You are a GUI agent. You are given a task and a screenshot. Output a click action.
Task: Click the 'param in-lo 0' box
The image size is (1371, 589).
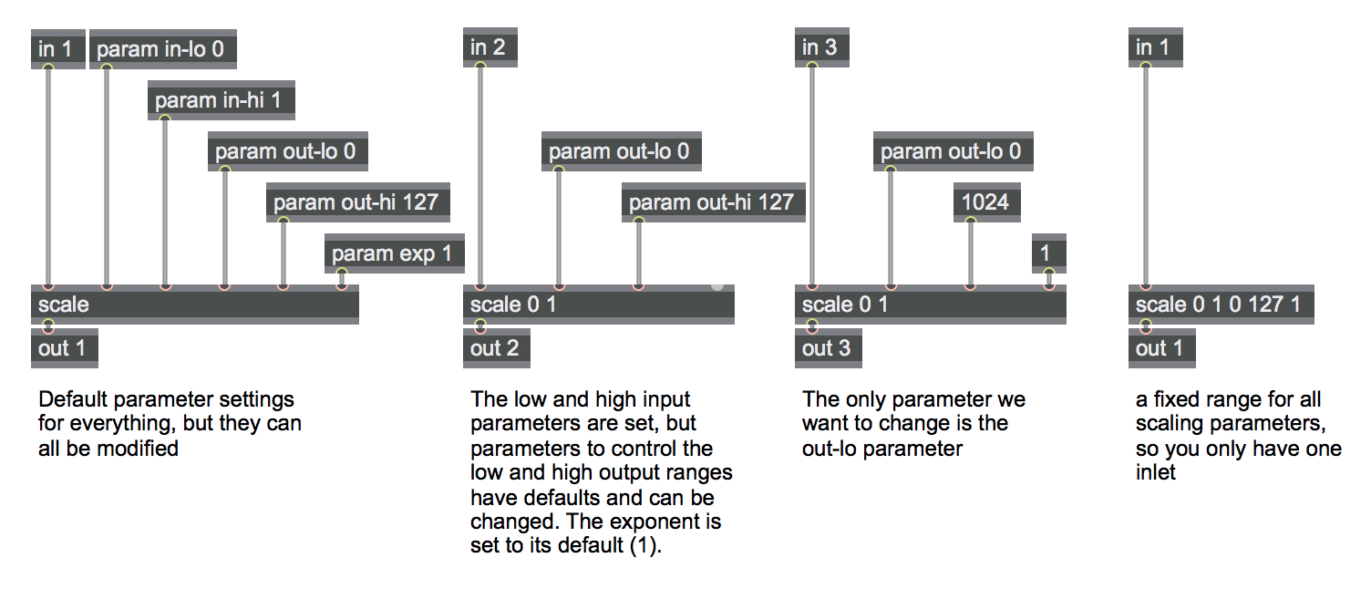[x=163, y=49]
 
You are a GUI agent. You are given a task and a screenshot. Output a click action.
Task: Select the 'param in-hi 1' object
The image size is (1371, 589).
[x=221, y=99]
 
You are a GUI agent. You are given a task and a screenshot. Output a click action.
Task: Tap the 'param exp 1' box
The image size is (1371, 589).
[x=394, y=253]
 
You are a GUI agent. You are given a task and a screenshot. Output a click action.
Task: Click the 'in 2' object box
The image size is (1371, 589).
[x=490, y=47]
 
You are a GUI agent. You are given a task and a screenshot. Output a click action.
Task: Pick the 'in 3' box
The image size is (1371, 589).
[x=821, y=47]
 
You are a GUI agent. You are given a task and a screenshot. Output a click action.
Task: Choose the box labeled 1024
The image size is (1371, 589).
[x=986, y=202]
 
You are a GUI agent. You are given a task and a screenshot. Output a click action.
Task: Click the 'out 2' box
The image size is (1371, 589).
[x=497, y=347]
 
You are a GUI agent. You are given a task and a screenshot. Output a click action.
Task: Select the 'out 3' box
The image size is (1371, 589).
[x=828, y=347]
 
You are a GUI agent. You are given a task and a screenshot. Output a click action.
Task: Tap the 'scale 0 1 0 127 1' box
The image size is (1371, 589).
[x=1222, y=305]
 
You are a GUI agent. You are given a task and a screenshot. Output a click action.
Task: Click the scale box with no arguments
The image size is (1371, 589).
[x=195, y=305]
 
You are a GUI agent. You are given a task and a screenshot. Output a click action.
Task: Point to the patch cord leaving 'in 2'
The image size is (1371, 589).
[x=480, y=176]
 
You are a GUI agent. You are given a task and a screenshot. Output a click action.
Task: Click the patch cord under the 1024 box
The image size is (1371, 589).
[x=971, y=253]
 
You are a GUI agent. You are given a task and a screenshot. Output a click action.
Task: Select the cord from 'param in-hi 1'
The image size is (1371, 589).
[x=165, y=202]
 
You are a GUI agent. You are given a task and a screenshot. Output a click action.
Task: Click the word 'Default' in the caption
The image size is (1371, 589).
[x=73, y=400]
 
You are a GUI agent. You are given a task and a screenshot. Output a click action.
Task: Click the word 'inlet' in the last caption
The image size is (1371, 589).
[x=1156, y=472]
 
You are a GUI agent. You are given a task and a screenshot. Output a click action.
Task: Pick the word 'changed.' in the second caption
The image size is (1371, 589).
[x=515, y=522]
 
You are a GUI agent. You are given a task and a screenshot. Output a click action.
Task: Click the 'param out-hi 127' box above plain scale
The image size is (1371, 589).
[x=358, y=202]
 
